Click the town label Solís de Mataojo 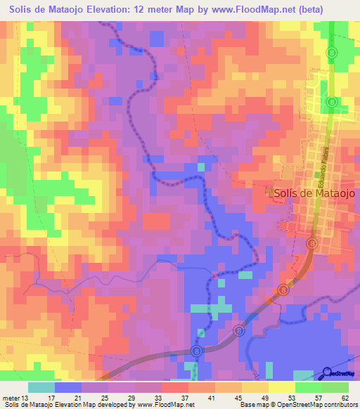[312, 193]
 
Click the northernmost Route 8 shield [333, 53]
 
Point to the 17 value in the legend [51, 398]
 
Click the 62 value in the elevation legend [344, 398]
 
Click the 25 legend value [105, 398]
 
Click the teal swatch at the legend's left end [41, 387]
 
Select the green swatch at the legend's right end [335, 387]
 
